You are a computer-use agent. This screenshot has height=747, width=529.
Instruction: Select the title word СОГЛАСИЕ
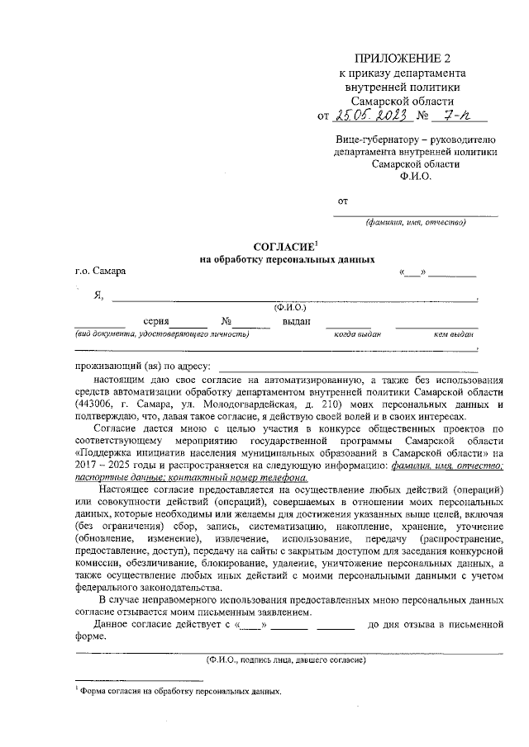pos(284,246)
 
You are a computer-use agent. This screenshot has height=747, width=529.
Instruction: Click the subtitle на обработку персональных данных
pos(282,259)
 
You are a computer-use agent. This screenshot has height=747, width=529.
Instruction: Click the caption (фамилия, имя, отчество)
pos(416,222)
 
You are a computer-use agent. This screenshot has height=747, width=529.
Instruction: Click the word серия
pos(155,321)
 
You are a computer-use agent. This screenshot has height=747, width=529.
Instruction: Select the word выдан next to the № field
pos(296,321)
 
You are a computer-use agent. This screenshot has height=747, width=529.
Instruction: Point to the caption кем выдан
pos(453,334)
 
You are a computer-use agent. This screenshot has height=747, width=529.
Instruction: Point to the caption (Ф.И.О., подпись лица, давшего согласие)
pos(287,660)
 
